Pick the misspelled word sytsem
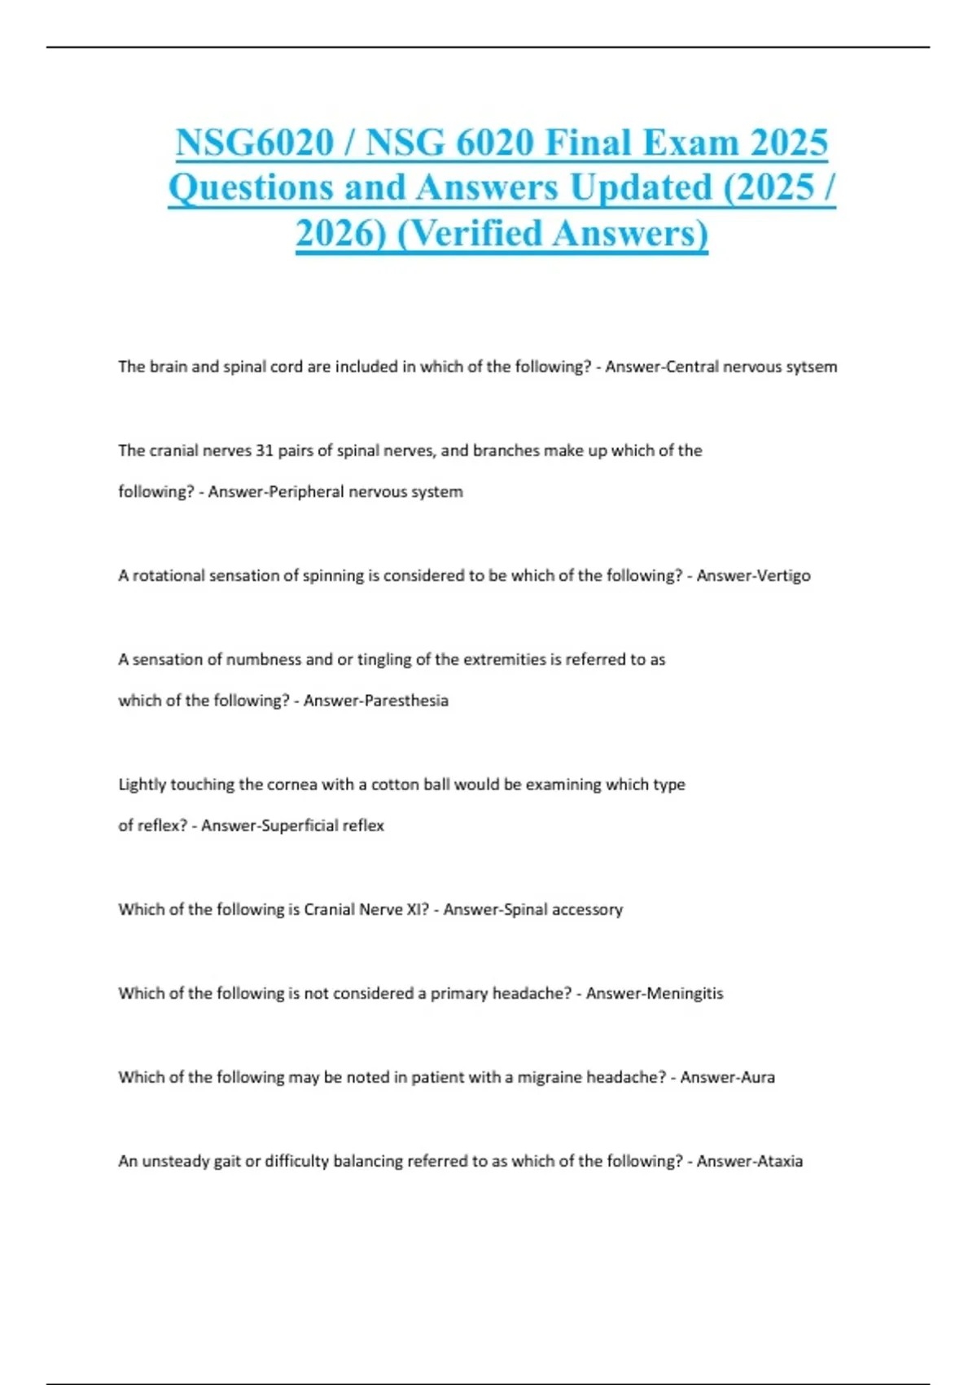[812, 367]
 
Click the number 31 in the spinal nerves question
[264, 451]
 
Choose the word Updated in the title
[641, 188]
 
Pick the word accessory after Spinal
[587, 910]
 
